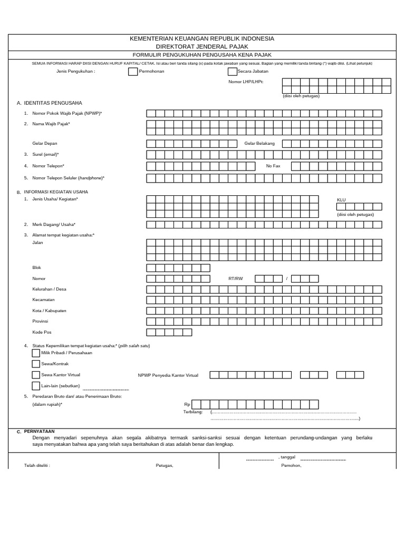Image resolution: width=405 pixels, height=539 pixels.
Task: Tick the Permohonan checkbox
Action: click(x=133, y=72)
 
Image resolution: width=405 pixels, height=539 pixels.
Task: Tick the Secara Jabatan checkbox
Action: click(x=233, y=72)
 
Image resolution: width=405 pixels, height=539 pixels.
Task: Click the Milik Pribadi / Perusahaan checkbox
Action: click(x=36, y=353)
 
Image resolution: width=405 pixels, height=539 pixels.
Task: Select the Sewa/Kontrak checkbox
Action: click(x=36, y=364)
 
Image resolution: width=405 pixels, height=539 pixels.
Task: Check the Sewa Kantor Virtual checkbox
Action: click(x=36, y=375)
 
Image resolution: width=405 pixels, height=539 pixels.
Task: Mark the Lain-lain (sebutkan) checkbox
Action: click(x=36, y=386)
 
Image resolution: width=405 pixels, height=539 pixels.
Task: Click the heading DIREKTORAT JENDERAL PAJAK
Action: click(x=202, y=46)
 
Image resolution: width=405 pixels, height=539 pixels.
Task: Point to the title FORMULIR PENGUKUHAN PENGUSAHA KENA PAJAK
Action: click(x=202, y=55)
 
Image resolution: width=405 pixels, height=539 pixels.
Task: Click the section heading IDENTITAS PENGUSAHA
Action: click(x=53, y=103)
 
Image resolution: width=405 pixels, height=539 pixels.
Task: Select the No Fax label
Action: click(x=273, y=166)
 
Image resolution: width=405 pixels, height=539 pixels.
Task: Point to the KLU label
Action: click(x=341, y=200)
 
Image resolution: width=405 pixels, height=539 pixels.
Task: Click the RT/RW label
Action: click(x=236, y=278)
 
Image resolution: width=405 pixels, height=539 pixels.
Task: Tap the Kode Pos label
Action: click(x=42, y=332)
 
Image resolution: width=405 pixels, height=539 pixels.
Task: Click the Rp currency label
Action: click(x=186, y=404)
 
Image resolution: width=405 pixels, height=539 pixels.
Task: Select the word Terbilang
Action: click(x=193, y=412)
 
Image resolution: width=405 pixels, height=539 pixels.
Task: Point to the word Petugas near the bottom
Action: click(x=165, y=465)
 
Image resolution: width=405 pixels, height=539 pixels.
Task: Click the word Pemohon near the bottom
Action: click(x=291, y=465)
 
